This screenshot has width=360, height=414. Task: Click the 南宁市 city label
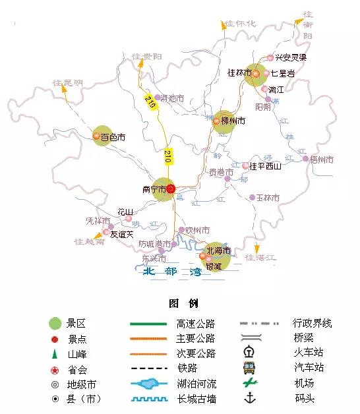coord(153,189)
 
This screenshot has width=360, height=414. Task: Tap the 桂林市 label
coord(239,73)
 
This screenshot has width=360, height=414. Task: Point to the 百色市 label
coord(113,138)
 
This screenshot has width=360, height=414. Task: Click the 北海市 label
coord(218,251)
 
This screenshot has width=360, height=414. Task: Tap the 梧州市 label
coord(322,160)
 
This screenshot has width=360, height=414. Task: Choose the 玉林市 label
coord(268,198)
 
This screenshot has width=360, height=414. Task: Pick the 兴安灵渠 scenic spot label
coord(291,57)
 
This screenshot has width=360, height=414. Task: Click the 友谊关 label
coord(121,233)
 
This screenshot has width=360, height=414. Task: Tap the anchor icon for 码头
coord(249,398)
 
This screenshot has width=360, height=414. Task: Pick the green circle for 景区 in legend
coord(55,324)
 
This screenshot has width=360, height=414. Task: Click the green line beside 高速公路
coord(148,324)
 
